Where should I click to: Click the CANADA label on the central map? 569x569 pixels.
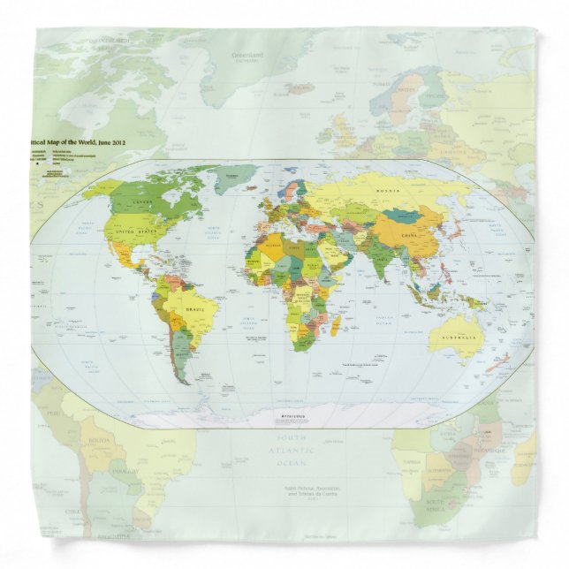pyautogui.click(x=142, y=204)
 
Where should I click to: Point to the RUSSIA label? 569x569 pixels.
pyautogui.click(x=389, y=190)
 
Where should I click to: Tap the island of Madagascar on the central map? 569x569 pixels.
pyautogui.click(x=337, y=324)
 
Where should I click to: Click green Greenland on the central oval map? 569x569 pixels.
pyautogui.click(x=235, y=179)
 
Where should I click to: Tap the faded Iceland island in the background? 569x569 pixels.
pyautogui.click(x=300, y=88)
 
